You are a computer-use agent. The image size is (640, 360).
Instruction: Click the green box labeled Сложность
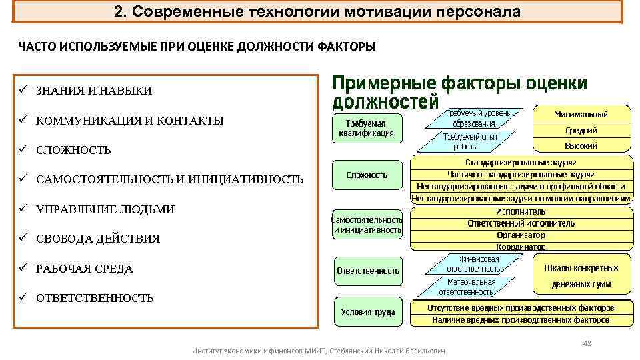367,175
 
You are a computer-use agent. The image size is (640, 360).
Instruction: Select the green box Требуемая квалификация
366,127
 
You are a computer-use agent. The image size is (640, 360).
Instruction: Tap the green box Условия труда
368,312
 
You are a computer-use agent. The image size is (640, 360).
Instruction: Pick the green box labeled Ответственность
368,271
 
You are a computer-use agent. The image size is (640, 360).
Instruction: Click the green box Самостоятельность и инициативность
367,225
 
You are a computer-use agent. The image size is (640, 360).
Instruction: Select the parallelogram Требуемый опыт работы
465,141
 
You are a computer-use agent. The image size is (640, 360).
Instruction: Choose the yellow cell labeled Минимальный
581,114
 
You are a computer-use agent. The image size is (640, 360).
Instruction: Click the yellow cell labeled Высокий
581,145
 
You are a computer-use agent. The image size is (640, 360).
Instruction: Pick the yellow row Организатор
521,235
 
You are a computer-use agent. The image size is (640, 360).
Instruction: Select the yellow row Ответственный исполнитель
521,223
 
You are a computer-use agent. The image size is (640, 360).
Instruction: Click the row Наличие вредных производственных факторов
521,320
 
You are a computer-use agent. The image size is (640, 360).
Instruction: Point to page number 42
587,343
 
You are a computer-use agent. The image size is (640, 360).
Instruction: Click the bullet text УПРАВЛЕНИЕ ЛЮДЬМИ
105,209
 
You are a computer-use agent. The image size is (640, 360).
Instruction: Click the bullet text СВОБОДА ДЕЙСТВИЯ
97,239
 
